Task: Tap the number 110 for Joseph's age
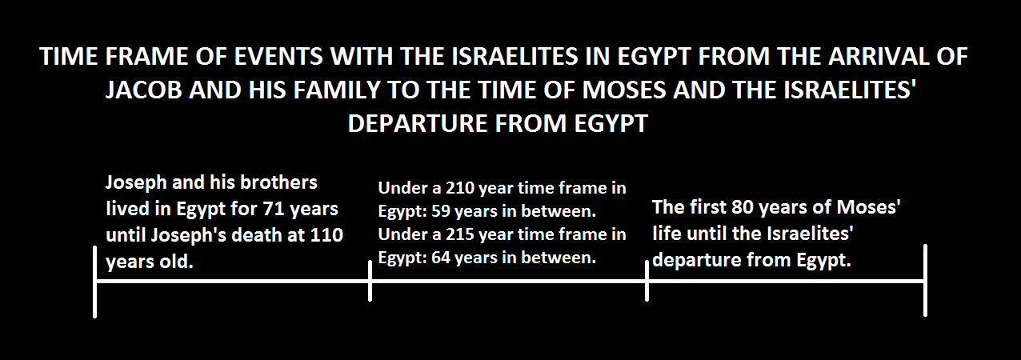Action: coord(326,235)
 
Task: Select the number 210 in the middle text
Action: coord(460,188)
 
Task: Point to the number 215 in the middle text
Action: coord(460,234)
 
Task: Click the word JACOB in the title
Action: coord(143,90)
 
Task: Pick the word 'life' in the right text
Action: coord(666,234)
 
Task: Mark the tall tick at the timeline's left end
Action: coord(94,282)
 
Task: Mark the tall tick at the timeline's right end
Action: coord(925,280)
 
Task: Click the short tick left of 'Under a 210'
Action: coord(370,281)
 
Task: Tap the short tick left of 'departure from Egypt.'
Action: coord(647,281)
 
